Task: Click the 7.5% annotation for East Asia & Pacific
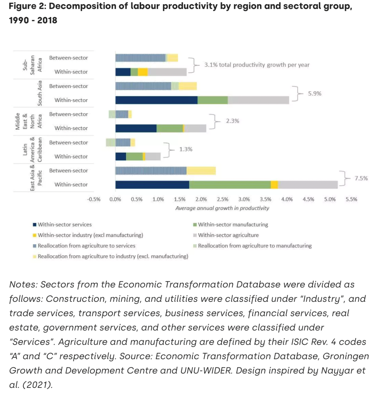361,178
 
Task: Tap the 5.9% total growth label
314,94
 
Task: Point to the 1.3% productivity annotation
186,149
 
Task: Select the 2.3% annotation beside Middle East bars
232,121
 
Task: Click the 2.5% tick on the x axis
222,199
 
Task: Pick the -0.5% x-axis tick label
94,199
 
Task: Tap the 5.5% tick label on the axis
351,199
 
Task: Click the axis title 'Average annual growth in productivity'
222,208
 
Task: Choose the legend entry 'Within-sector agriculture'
228,235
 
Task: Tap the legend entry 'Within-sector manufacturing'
233,225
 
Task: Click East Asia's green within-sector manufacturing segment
230,185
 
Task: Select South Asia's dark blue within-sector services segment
156,100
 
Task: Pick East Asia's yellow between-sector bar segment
201,171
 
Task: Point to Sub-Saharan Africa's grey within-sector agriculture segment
167,72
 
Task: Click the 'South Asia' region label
40,93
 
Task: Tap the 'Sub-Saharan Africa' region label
32,64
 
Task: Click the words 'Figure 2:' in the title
27,6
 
